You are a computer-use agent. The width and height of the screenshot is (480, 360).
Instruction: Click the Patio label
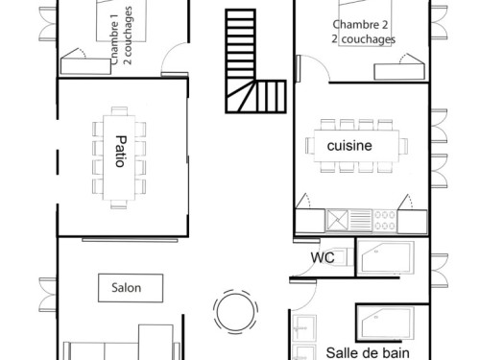121,152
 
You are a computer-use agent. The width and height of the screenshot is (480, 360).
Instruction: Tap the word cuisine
349,146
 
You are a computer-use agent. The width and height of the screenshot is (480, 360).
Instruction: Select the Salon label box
131,288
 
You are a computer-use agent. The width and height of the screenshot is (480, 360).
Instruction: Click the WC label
323,257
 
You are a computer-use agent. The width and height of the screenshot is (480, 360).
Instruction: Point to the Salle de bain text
368,353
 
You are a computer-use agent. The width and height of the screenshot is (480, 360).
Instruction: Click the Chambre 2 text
360,25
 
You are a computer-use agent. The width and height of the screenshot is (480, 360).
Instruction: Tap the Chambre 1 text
114,39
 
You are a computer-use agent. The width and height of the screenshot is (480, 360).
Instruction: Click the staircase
255,61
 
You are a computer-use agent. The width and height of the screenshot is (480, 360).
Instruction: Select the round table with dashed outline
236,312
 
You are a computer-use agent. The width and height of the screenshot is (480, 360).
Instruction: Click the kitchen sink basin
337,220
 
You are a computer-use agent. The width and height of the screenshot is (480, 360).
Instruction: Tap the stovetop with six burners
385,221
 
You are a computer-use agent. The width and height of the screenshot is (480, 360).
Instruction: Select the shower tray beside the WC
386,258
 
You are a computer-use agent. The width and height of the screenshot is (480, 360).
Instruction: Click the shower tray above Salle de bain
386,323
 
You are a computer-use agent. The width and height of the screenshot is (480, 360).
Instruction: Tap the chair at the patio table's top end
119,111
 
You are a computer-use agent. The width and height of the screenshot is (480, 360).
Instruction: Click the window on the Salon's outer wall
48,295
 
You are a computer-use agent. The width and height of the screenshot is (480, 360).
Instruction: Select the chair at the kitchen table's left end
310,146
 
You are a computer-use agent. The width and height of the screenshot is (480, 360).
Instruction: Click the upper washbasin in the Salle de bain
304,328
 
